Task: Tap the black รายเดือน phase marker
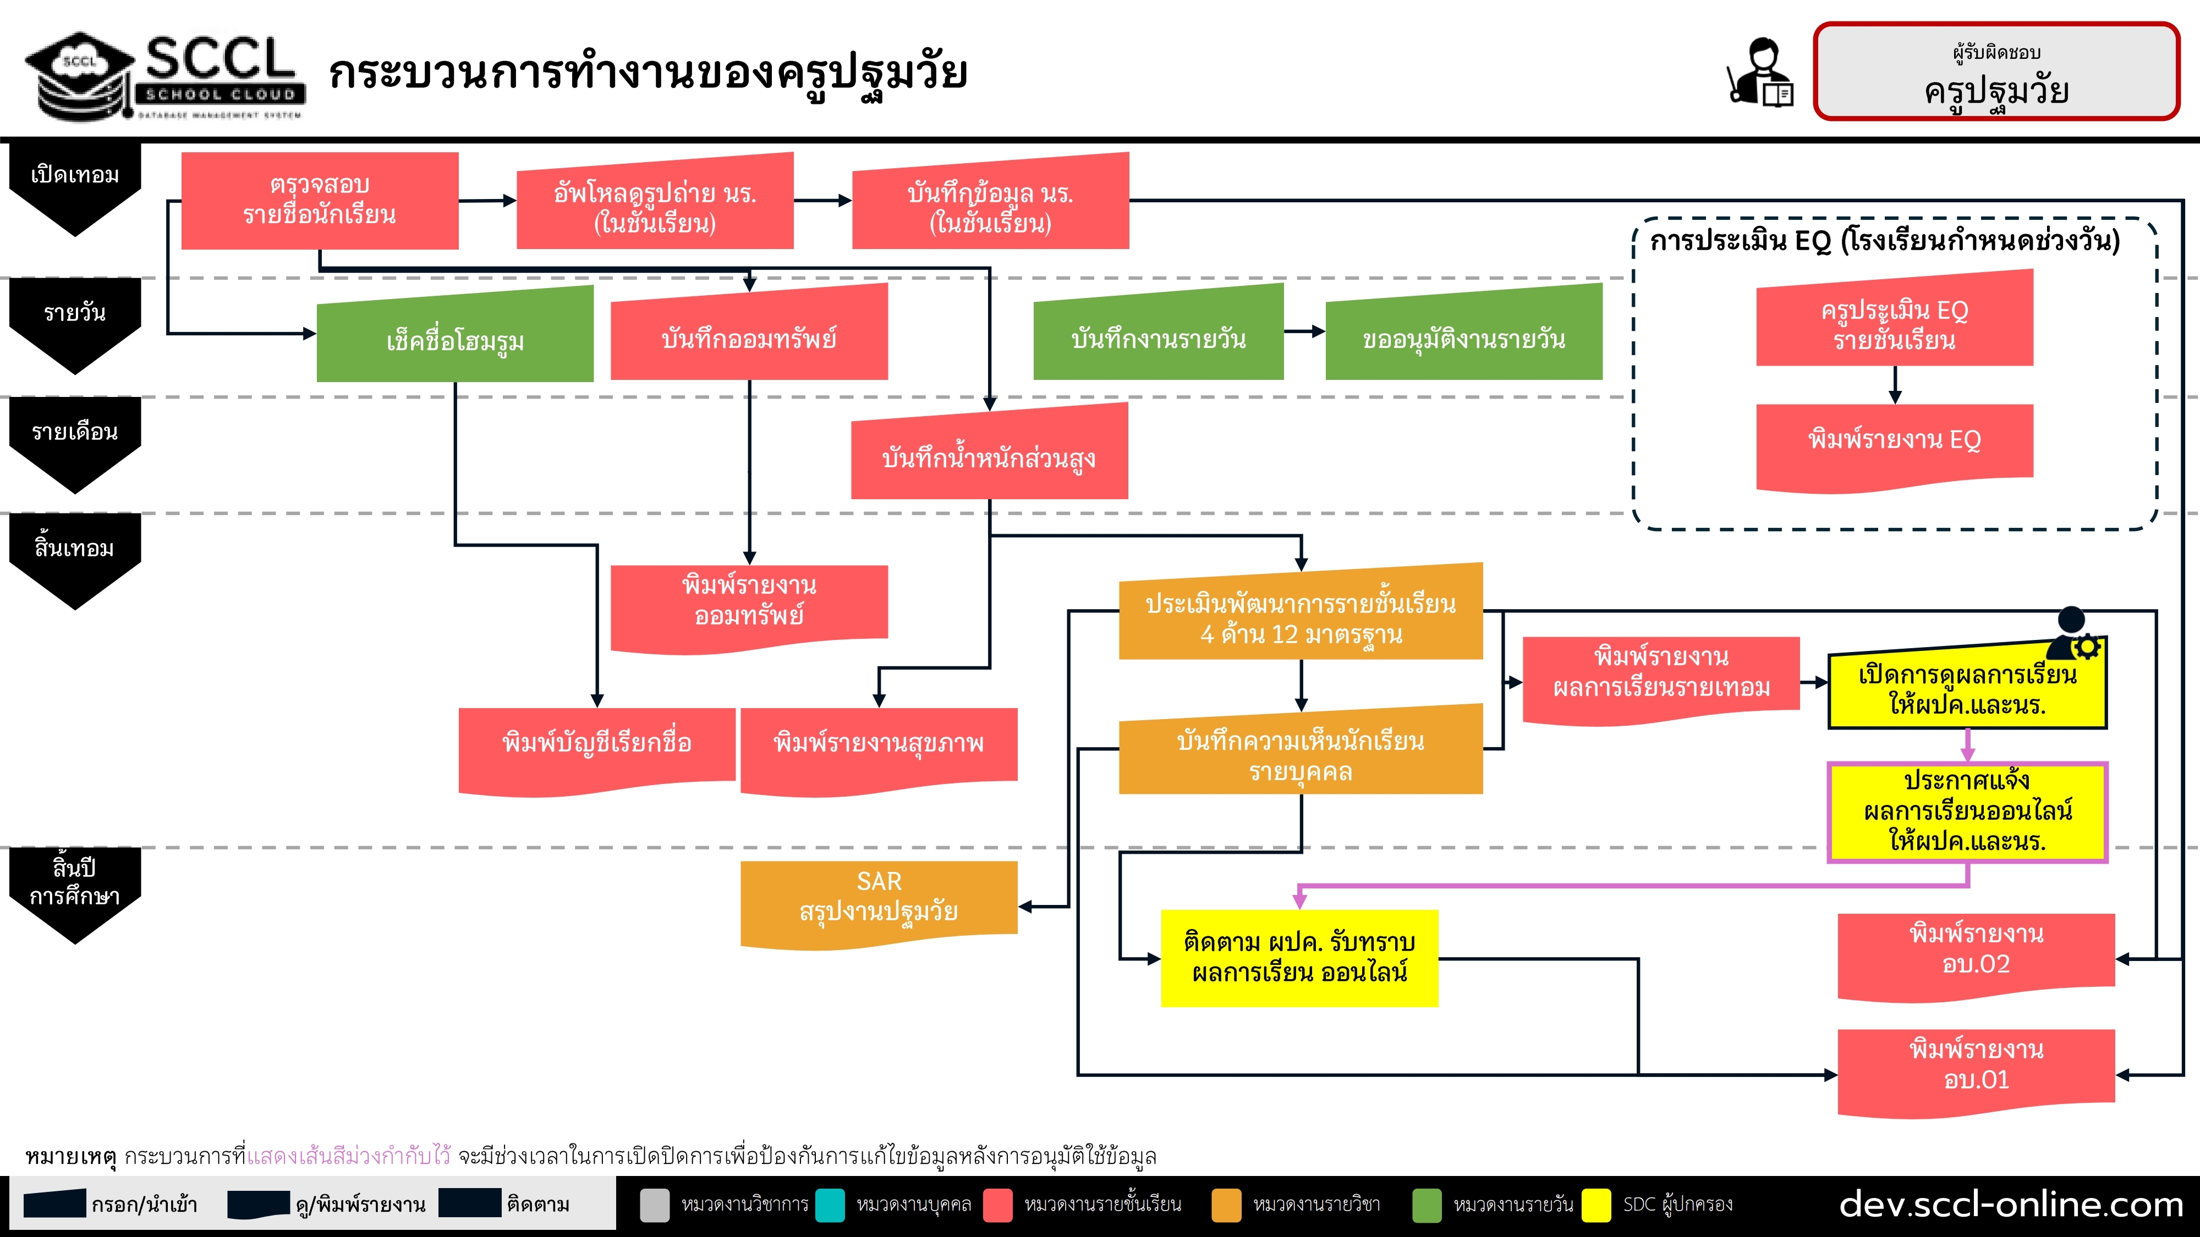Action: (75, 442)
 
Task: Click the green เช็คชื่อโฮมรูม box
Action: (454, 339)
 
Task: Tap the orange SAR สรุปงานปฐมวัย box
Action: (879, 901)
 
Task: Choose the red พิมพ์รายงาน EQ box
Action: (1894, 442)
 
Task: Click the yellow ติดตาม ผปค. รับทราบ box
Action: (1299, 958)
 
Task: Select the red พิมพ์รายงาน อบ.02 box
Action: (1976, 952)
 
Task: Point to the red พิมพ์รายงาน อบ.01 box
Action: (1976, 1067)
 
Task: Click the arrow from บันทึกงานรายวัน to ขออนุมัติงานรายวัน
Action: (1304, 331)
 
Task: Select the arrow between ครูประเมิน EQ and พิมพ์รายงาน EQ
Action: (1895, 384)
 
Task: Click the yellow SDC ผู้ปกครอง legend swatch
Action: (1595, 1205)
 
